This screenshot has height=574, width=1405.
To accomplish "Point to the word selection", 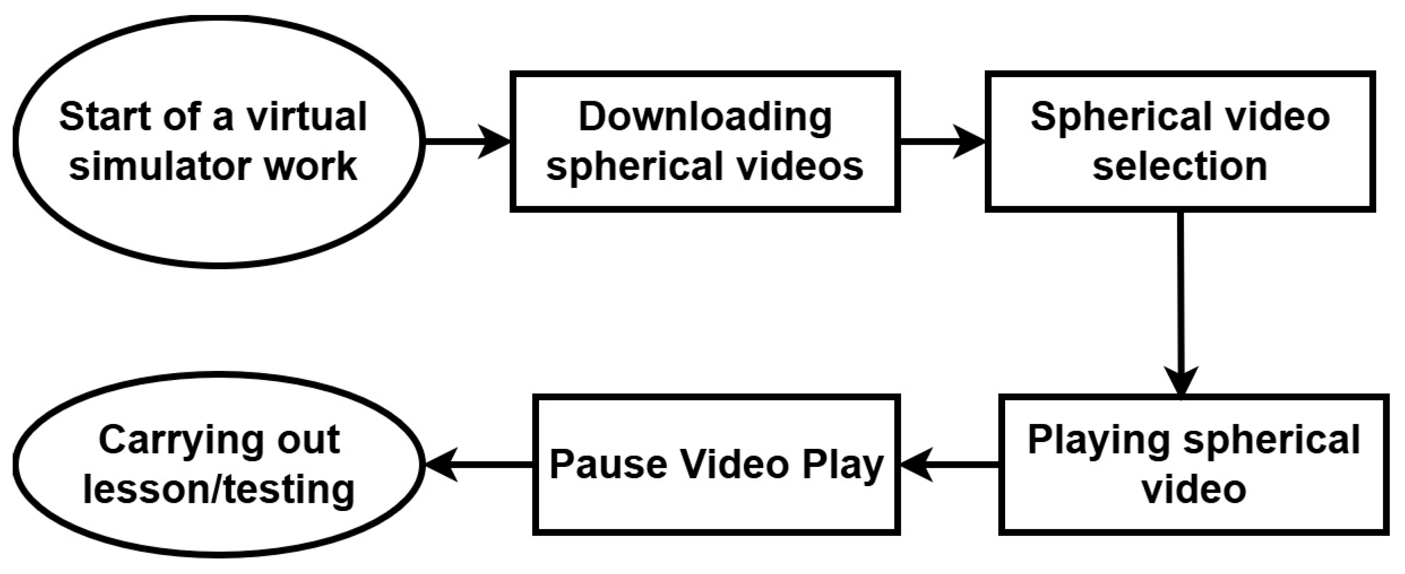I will [x=1180, y=166].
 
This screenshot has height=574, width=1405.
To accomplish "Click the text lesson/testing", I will [x=219, y=489].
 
